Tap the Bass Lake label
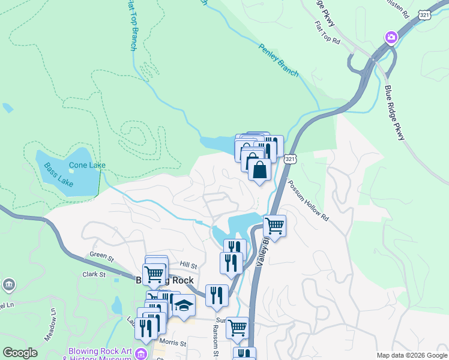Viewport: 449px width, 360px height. pos(58,173)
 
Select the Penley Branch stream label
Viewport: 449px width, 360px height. pos(279,61)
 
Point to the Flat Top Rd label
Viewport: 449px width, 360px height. pos(327,34)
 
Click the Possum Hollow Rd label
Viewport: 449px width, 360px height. pos(308,201)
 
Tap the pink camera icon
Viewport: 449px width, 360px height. pos(391,38)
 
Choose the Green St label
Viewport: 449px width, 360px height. pos(101,258)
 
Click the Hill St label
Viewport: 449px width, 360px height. pos(188,264)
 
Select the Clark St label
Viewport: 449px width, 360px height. pos(94,274)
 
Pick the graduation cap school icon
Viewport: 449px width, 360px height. pos(184,306)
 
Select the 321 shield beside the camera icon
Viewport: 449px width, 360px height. pos(407,15)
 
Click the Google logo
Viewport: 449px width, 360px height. pos(20,352)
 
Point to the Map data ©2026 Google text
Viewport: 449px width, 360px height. pos(411,355)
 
